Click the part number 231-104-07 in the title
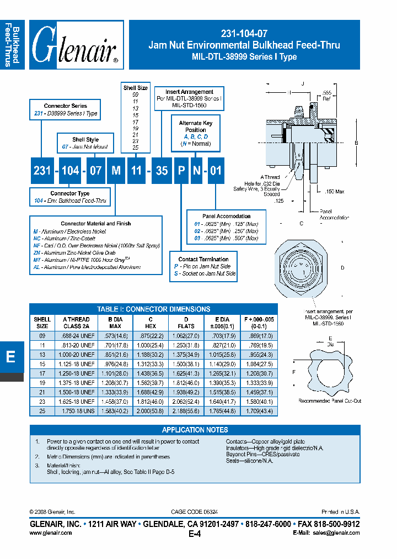click(244, 34)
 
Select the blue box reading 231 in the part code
click(42, 170)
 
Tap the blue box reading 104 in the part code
click(70, 170)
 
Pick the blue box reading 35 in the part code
click(162, 170)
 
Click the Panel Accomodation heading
click(227, 217)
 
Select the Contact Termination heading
click(203, 259)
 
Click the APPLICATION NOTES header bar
click(195, 430)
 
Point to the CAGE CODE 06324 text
click(195, 512)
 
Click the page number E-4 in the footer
click(195, 534)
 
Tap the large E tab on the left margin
click(10, 357)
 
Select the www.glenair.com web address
click(50, 533)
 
